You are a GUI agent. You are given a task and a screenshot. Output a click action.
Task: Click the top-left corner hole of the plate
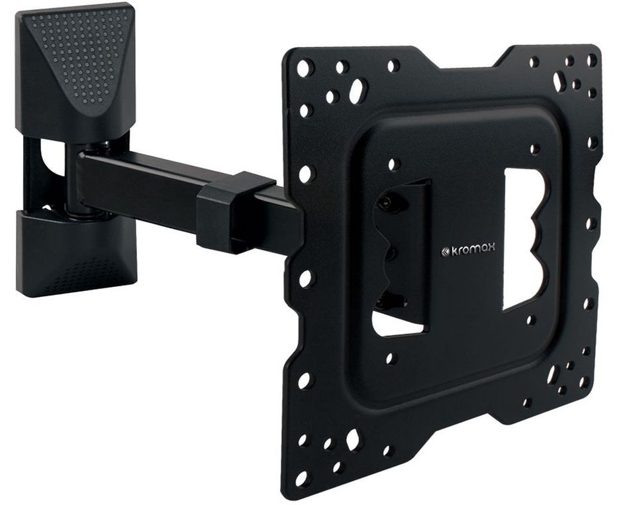[x=306, y=66]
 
